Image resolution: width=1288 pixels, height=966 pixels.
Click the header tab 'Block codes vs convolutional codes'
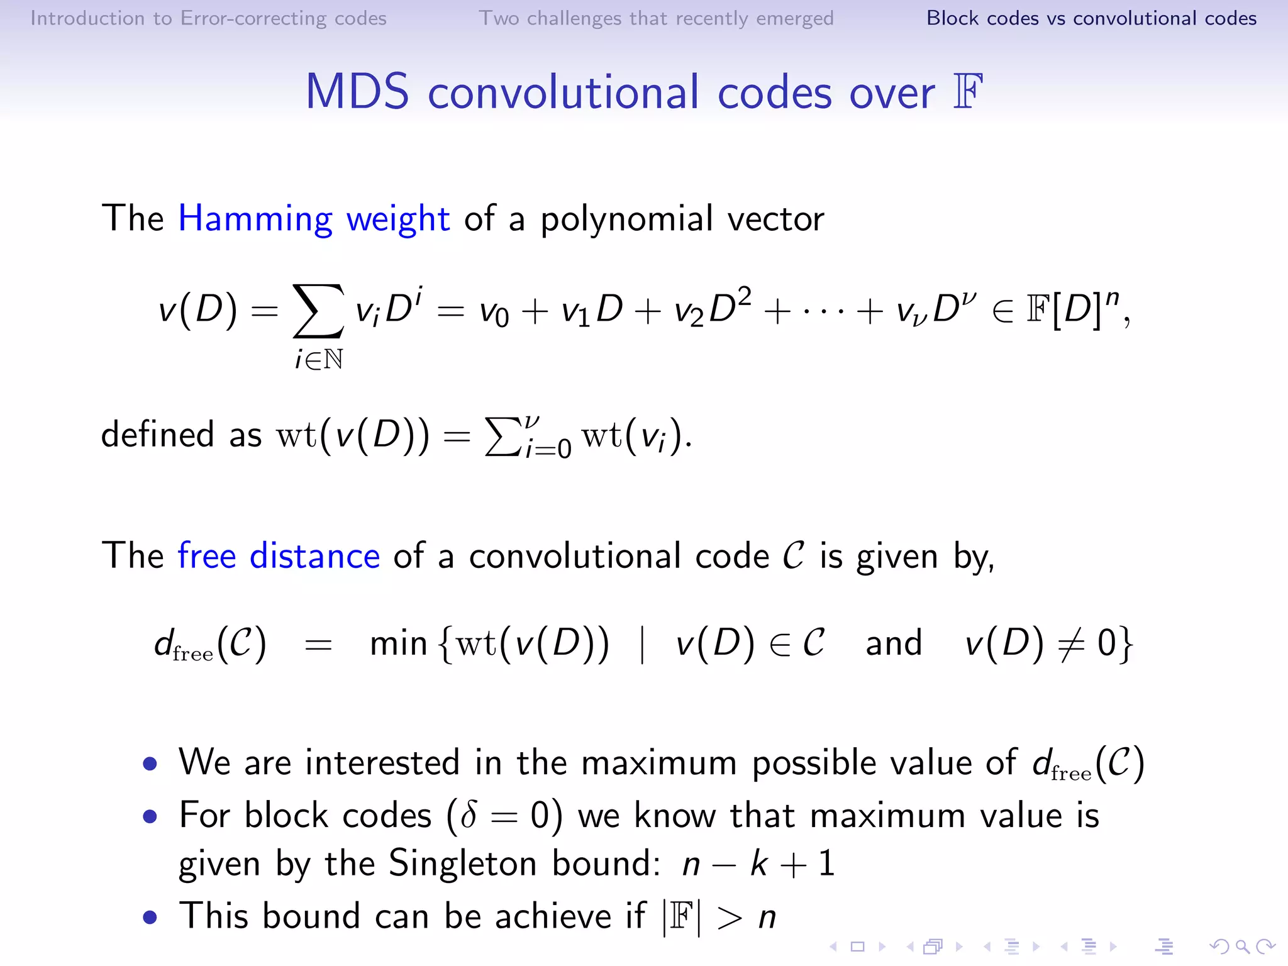coord(1091,18)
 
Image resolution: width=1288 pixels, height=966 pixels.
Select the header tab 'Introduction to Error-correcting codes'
coord(208,18)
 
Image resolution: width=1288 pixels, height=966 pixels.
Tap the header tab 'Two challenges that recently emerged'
coord(656,18)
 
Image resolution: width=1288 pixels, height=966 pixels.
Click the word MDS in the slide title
coord(357,92)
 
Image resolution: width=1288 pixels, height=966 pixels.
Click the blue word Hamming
coord(255,219)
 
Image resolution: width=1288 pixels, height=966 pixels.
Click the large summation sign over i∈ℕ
coord(318,311)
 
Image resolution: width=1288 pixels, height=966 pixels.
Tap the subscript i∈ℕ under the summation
coord(319,360)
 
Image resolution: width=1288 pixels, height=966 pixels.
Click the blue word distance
coord(314,556)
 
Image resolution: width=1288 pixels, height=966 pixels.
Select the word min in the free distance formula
coord(398,643)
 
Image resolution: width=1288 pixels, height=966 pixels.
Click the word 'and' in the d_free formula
coord(894,643)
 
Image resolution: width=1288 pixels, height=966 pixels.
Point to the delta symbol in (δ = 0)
coord(468,816)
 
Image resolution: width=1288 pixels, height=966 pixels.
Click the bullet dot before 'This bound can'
coord(150,917)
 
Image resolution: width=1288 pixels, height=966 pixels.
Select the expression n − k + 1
coord(758,863)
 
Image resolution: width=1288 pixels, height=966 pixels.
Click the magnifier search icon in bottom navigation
coord(1242,947)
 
